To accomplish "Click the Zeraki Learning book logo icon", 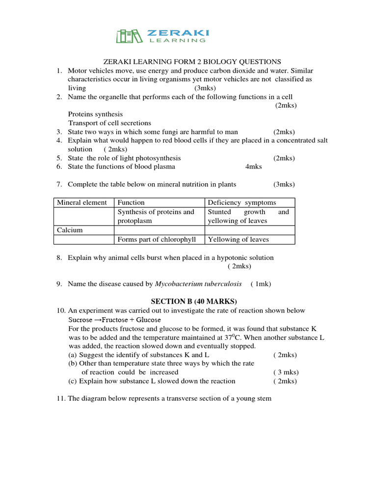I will point(129,36).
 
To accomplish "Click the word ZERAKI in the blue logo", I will point(178,32).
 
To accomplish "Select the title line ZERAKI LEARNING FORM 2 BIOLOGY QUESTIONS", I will point(191,61).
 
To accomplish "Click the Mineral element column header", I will point(81,202).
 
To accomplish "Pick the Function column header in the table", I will point(131,202).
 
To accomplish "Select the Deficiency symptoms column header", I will point(242,202).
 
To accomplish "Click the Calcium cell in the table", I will point(70,230).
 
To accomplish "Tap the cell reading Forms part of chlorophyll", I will point(157,239).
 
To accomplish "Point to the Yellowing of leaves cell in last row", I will point(238,239).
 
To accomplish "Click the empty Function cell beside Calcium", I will point(159,230).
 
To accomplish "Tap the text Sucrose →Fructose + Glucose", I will point(114,319).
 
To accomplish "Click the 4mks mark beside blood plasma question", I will point(253,167).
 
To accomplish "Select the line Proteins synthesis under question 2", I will point(95,114).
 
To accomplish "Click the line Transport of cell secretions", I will point(109,123).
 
